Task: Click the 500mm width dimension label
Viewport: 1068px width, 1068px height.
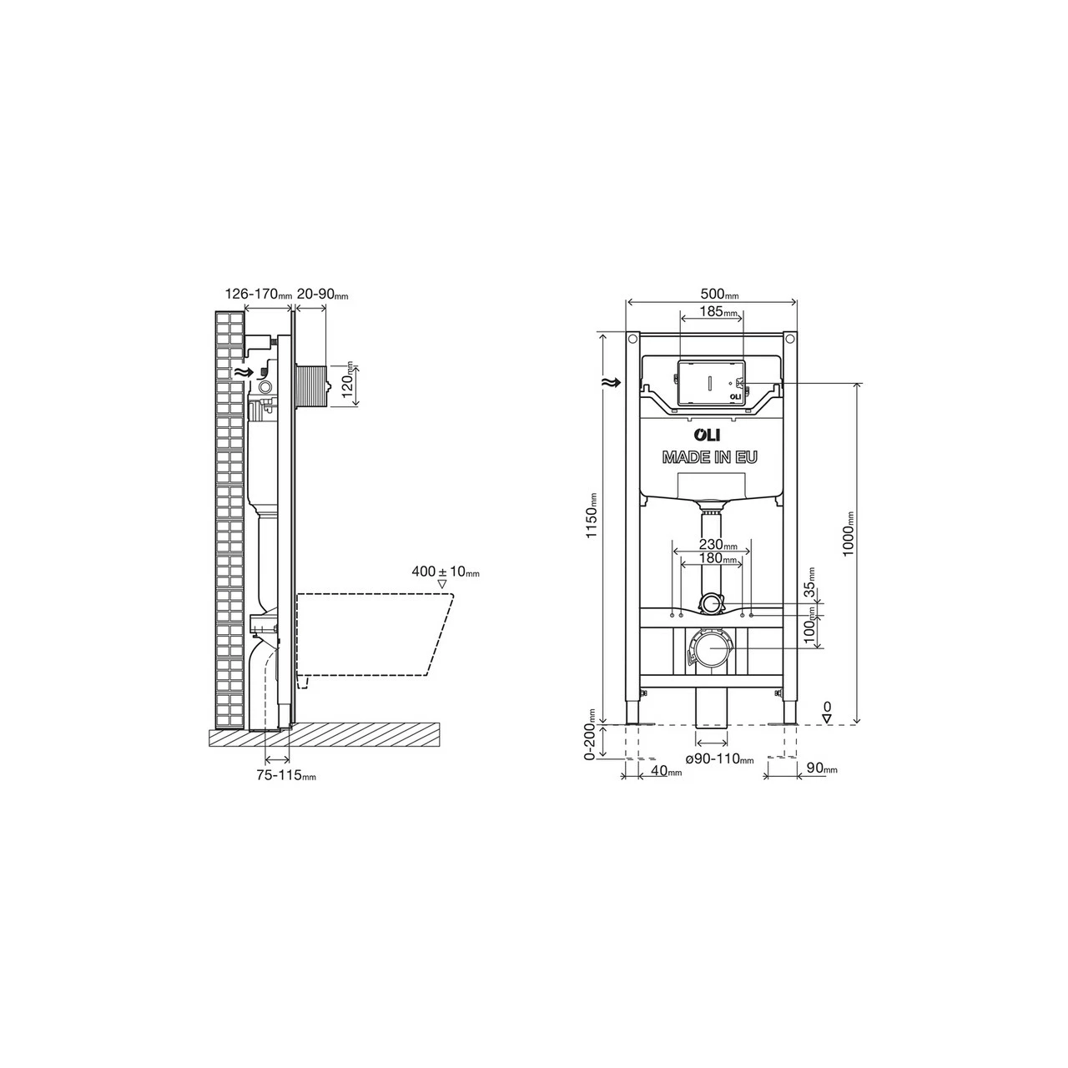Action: coord(718,295)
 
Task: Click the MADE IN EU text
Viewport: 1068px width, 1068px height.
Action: coord(710,457)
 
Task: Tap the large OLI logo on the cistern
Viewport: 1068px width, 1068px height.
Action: coord(709,435)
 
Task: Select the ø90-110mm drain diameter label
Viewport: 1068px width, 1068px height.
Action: coord(719,759)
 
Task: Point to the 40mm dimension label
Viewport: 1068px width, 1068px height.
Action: coord(665,772)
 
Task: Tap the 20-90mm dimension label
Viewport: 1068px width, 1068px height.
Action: coord(322,294)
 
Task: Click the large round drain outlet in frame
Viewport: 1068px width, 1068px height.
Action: coord(710,648)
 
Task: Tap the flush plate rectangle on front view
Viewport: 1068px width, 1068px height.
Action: coord(709,384)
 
